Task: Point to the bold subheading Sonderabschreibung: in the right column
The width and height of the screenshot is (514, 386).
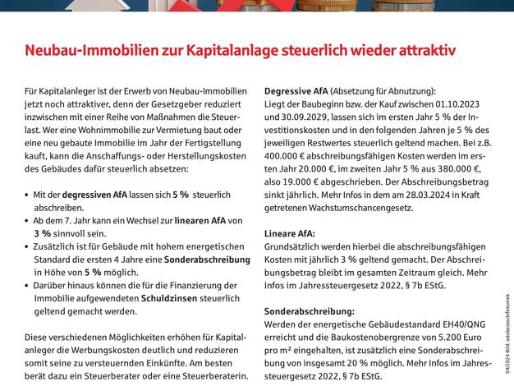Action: click(309, 311)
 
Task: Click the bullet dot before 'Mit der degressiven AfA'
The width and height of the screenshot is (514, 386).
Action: click(29, 195)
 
